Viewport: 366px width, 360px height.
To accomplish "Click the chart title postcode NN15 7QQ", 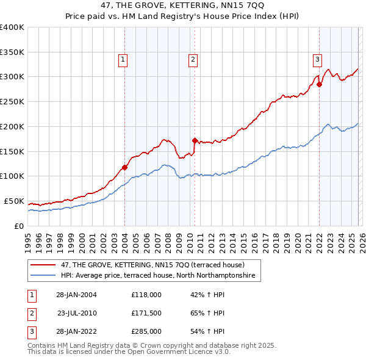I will click(225, 6).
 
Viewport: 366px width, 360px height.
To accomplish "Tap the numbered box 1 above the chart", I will click(123, 60).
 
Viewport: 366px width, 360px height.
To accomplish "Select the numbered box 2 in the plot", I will click(193, 60).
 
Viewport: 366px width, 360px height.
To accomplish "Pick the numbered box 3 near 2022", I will click(318, 60).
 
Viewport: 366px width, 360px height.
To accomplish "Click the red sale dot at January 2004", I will click(124, 167).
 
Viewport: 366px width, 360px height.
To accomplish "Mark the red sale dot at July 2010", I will click(195, 140).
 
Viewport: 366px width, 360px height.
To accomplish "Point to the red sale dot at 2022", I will click(319, 84).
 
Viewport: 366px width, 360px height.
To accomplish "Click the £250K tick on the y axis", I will click(12, 101).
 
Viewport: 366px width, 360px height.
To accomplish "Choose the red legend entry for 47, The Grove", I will click(152, 265).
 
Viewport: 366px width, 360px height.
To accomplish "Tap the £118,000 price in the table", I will click(146, 294).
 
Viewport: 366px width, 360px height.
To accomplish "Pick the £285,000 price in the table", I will click(146, 332).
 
